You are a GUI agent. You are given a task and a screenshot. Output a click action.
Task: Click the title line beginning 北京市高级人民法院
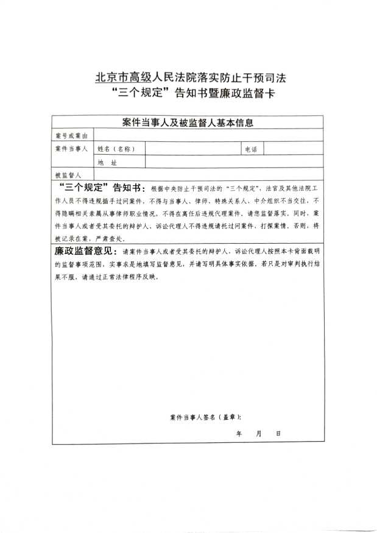pyautogui.click(x=191, y=78)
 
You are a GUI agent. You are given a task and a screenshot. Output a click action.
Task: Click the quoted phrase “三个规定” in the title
pyautogui.click(x=139, y=94)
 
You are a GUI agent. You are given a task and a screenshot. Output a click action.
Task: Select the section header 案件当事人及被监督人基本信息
pyautogui.click(x=188, y=122)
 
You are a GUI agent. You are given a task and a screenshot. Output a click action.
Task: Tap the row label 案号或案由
pyautogui.click(x=71, y=135)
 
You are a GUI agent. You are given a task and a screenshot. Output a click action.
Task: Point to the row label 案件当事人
pyautogui.click(x=71, y=149)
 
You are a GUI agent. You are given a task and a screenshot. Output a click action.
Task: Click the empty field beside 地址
pyautogui.click(x=234, y=162)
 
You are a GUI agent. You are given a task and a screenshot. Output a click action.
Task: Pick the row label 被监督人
pyautogui.click(x=68, y=175)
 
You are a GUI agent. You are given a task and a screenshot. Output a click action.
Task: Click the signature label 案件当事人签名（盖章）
pyautogui.click(x=205, y=417)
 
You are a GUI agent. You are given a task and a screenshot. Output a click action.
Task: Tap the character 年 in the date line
pyautogui.click(x=239, y=433)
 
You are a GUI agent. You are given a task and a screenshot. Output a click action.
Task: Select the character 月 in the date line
pyautogui.click(x=259, y=433)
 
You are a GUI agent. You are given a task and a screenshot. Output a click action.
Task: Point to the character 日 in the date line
pyautogui.click(x=278, y=433)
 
